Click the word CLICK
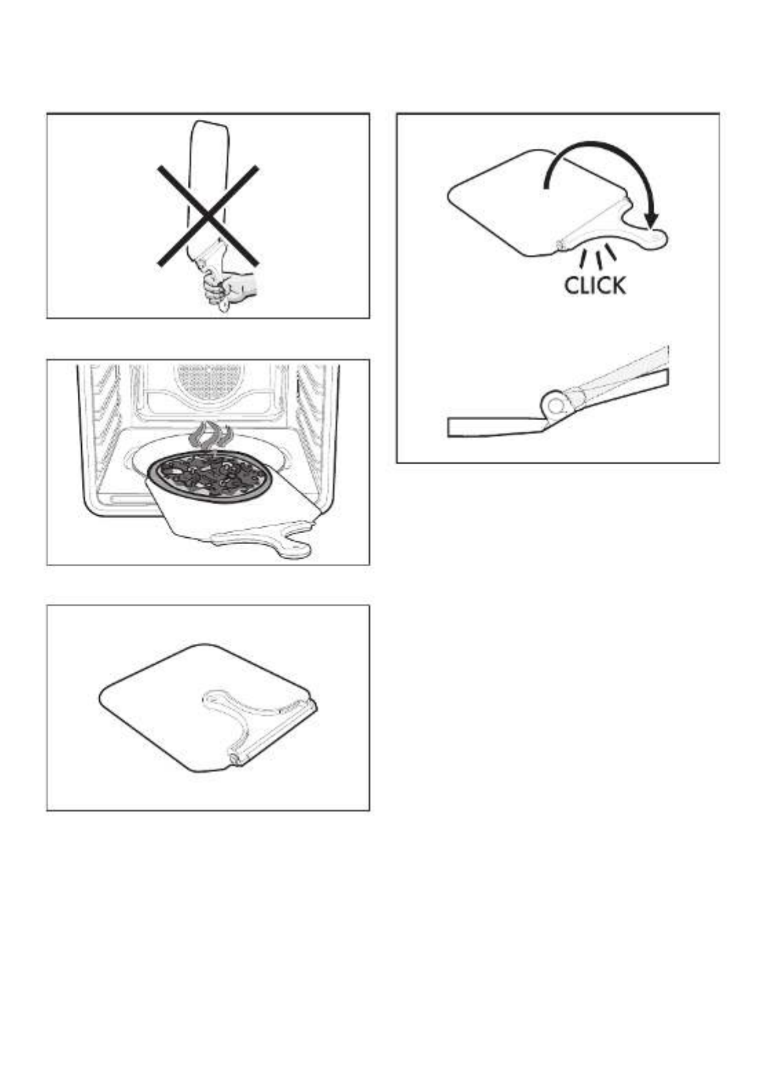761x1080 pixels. pyautogui.click(x=594, y=285)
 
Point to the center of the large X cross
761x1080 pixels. pyautogui.click(x=208, y=216)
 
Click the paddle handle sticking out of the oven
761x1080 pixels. pyautogui.click(x=264, y=539)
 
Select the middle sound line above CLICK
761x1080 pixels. pyautogui.click(x=599, y=261)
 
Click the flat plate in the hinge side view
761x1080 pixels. pyautogui.click(x=496, y=426)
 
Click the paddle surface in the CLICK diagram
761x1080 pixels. pyautogui.click(x=525, y=202)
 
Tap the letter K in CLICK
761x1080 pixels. pyautogui.click(x=617, y=285)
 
